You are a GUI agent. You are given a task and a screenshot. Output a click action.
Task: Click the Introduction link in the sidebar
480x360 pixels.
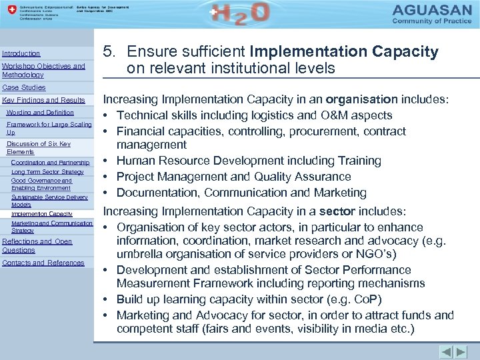pyautogui.click(x=21, y=53)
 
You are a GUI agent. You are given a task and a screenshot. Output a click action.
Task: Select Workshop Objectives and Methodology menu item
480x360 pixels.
pyautogui.click(x=43, y=71)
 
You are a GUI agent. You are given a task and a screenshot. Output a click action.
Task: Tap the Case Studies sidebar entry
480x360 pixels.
pyautogui.click(x=24, y=87)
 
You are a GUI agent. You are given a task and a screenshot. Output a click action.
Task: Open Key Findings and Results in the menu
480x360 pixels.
pyautogui.click(x=44, y=100)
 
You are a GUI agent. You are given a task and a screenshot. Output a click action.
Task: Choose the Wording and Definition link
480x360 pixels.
pyautogui.click(x=40, y=113)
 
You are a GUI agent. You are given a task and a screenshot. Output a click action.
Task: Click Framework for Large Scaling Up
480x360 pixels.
pyautogui.click(x=49, y=128)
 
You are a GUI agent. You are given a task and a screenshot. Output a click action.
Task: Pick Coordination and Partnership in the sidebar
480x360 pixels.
pyautogui.click(x=51, y=162)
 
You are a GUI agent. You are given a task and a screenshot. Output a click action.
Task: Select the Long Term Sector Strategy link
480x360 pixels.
pyautogui.click(x=47, y=172)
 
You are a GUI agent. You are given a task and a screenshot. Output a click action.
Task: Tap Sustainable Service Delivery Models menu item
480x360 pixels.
pyautogui.click(x=49, y=201)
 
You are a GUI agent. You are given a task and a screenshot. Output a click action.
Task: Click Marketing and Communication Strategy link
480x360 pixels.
pyautogui.click(x=51, y=227)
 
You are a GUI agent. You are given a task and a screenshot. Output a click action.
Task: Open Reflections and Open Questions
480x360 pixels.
pyautogui.click(x=37, y=245)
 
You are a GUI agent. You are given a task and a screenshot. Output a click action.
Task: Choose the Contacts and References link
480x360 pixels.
pyautogui.click(x=43, y=263)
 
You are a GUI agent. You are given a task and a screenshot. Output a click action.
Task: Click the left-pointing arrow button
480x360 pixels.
pyautogui.click(x=446, y=352)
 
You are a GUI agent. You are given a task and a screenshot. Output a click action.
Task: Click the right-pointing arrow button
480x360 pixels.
pyautogui.click(x=461, y=352)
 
